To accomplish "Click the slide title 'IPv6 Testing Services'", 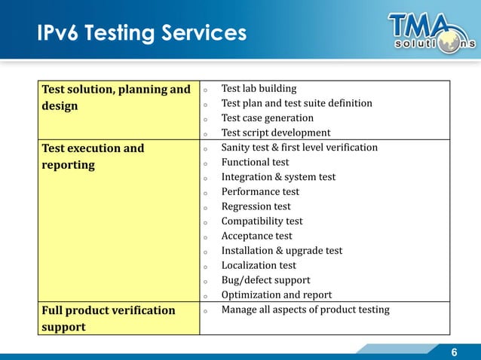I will point(142,33).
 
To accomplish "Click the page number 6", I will point(455,352).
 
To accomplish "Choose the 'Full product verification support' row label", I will point(107,319).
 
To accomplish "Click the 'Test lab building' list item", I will point(259,89).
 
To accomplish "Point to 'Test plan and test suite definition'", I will point(296,103).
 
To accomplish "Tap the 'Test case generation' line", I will point(267,118).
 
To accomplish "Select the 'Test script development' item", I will point(276,133).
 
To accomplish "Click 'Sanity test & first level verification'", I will point(299,148).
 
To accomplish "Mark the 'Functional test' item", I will point(255,162).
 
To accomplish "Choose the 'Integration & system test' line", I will point(278,177).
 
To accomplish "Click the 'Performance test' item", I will point(260,192).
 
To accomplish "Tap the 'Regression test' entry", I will point(256,206).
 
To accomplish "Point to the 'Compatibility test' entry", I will point(262,221).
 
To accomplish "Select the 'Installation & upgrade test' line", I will point(281,251).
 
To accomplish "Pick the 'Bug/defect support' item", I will point(265,280).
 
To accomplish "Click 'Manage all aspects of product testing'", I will point(305,310).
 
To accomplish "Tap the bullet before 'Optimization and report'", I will point(205,296).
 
